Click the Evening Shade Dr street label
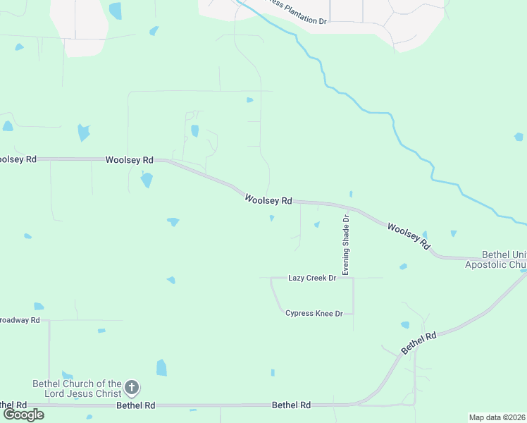(346, 245)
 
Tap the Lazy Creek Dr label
(312, 278)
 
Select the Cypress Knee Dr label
(314, 313)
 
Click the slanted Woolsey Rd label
(408, 236)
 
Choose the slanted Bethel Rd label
(419, 343)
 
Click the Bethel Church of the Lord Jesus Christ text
(77, 388)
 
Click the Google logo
(23, 415)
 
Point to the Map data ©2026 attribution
(497, 417)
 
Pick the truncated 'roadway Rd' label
(20, 319)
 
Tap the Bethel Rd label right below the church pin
(135, 405)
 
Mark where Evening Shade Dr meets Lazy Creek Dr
(353, 278)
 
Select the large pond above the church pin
(161, 367)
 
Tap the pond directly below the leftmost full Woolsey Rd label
(147, 180)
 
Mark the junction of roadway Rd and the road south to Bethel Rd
(49, 320)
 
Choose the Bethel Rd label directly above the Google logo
(13, 405)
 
